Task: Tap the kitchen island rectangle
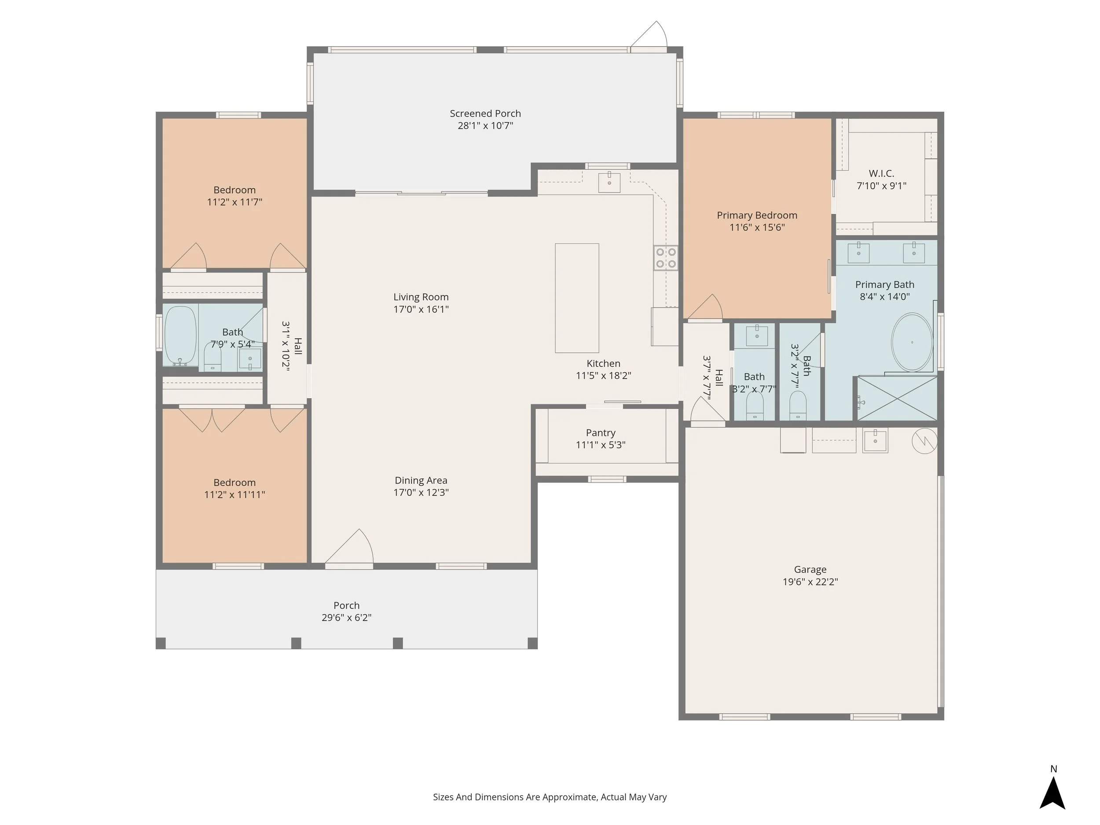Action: pos(577,298)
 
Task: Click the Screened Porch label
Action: pos(485,114)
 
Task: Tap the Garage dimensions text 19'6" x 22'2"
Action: pos(810,581)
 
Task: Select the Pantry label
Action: pos(600,433)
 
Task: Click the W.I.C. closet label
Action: pos(881,173)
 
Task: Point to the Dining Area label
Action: pos(421,480)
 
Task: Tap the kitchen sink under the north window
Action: pos(609,182)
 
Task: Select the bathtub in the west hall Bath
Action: pos(180,336)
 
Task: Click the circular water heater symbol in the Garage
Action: pos(924,440)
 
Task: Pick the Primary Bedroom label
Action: pos(757,215)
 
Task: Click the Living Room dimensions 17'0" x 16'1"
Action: pos(421,309)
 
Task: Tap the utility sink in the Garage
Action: pos(875,440)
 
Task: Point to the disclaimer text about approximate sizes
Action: pos(550,797)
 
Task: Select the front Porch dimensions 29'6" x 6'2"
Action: pos(346,617)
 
